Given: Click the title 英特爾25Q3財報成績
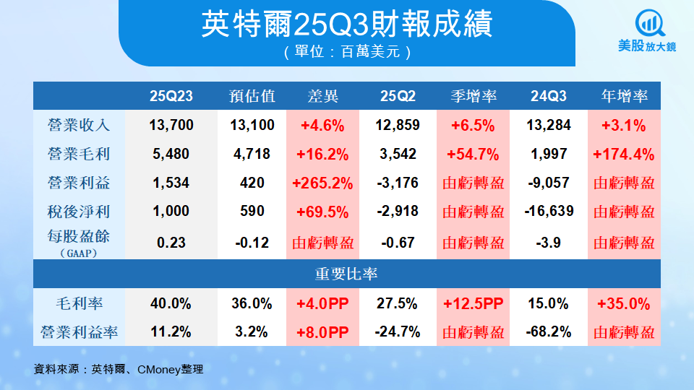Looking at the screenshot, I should point(347,25).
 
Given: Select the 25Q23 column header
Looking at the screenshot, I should point(172,96).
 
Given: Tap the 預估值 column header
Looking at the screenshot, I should point(252,96).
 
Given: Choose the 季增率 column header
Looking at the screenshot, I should point(473,96).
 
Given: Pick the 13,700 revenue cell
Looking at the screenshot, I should point(172,125).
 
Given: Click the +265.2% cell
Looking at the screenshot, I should point(322,183).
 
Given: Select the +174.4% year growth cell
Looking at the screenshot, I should point(623,154).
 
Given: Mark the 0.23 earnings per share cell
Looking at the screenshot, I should point(172,243).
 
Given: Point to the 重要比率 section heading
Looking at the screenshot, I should point(347,274).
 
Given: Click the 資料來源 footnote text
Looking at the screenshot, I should point(119,369).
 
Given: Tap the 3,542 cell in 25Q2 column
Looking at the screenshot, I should point(398,154).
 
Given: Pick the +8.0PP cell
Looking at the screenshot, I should point(322,332).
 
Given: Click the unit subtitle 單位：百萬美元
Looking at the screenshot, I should point(347,52).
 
